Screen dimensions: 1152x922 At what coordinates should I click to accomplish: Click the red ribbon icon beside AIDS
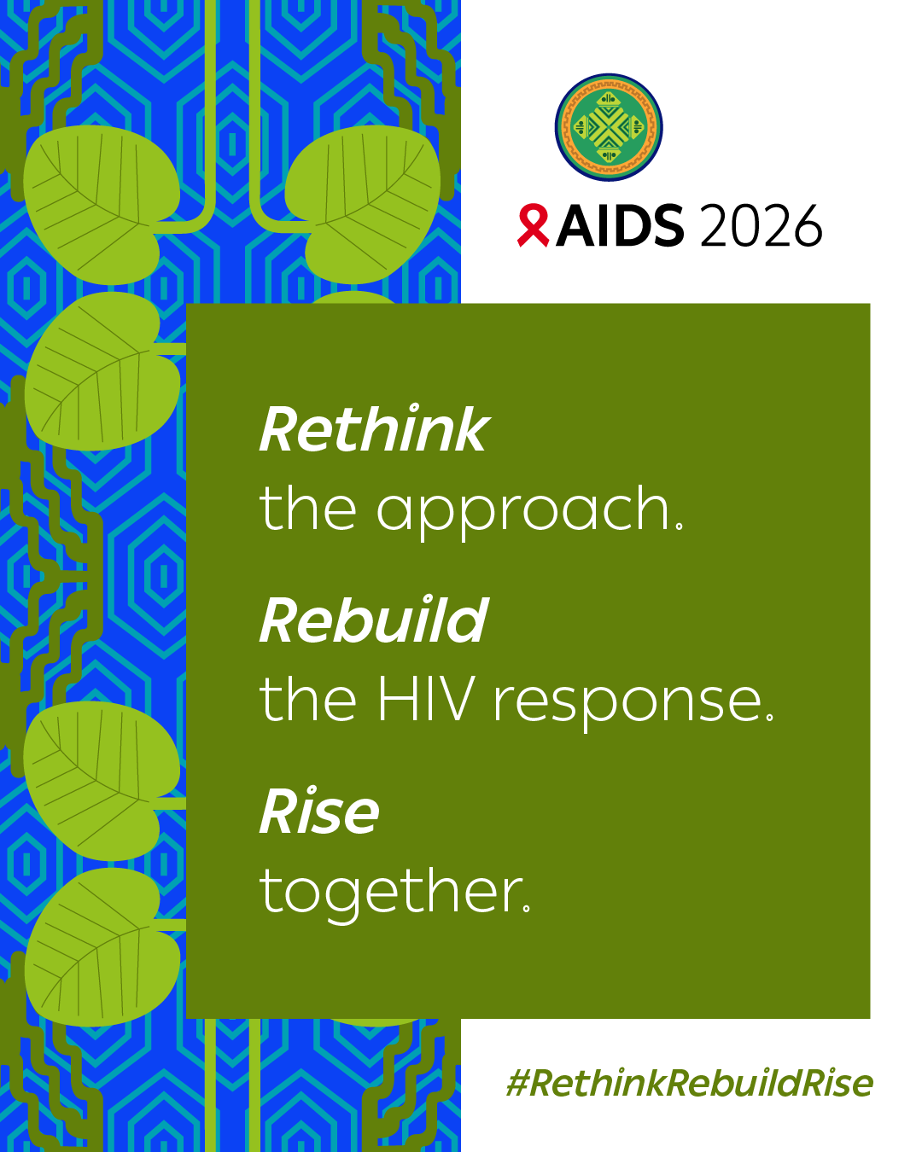pos(533,226)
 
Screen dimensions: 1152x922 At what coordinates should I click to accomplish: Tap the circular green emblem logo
pos(609,127)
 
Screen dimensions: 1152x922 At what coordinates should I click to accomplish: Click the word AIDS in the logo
pos(620,227)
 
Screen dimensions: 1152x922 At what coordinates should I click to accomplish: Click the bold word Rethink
pos(374,430)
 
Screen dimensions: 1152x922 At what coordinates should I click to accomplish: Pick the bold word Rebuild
pos(374,621)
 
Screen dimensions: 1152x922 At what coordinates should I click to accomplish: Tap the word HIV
pos(426,701)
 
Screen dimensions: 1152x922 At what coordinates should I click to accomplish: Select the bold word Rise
pos(319,812)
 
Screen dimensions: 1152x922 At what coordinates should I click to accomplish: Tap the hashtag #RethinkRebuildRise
pos(689,1084)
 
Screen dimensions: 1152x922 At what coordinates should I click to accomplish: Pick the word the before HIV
pos(307,701)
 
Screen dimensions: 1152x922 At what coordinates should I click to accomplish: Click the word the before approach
pos(307,509)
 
